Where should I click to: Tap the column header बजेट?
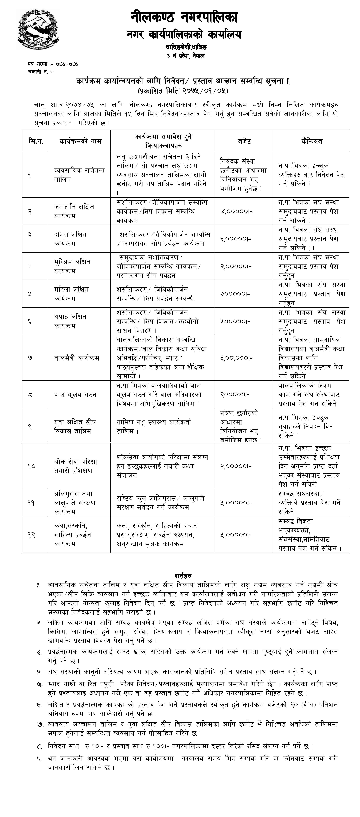click(x=243, y=141)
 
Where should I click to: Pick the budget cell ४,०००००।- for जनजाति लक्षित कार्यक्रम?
click(x=236, y=211)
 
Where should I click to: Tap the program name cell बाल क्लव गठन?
click(x=75, y=394)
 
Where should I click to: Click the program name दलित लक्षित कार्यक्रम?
click(x=70, y=239)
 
